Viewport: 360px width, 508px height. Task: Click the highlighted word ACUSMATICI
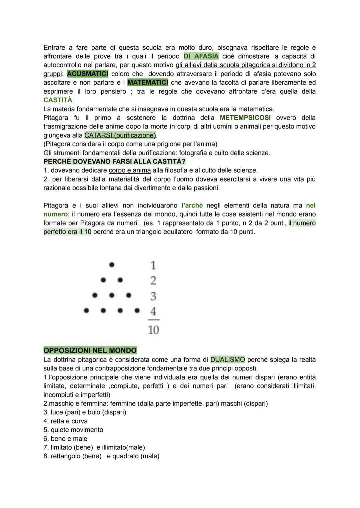click(x=87, y=74)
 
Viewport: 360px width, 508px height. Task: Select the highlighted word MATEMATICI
click(x=148, y=82)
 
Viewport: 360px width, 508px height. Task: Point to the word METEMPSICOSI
click(x=245, y=118)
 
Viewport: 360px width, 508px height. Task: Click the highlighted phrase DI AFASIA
click(x=201, y=56)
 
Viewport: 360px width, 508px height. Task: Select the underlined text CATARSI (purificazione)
click(x=120, y=135)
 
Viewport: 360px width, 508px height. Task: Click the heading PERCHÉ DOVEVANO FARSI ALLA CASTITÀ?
click(x=115, y=162)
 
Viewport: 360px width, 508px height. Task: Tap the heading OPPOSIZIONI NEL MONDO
click(x=90, y=350)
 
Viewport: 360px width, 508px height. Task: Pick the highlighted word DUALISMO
click(x=228, y=360)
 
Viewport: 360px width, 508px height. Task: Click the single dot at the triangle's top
click(x=112, y=265)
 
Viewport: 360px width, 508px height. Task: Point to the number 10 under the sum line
click(x=153, y=330)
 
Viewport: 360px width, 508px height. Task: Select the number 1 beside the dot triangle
click(x=153, y=265)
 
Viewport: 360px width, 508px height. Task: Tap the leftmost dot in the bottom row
click(x=86, y=310)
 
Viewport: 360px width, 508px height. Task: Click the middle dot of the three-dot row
click(x=112, y=295)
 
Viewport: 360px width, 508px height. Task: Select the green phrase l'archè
click(x=192, y=206)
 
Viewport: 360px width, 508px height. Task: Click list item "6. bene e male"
click(x=65, y=439)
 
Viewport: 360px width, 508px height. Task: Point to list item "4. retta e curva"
click(x=66, y=421)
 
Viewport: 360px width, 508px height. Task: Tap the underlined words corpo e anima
click(x=130, y=171)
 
